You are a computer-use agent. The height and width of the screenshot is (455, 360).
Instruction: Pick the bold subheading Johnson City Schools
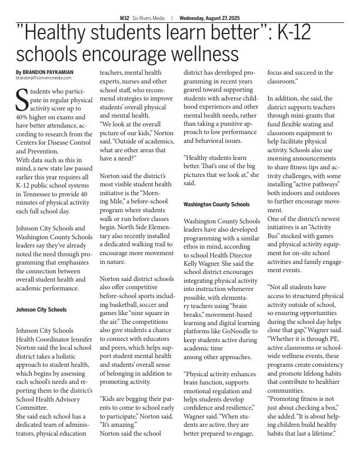coord(41,310)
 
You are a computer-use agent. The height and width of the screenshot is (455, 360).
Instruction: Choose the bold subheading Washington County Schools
coord(216,205)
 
